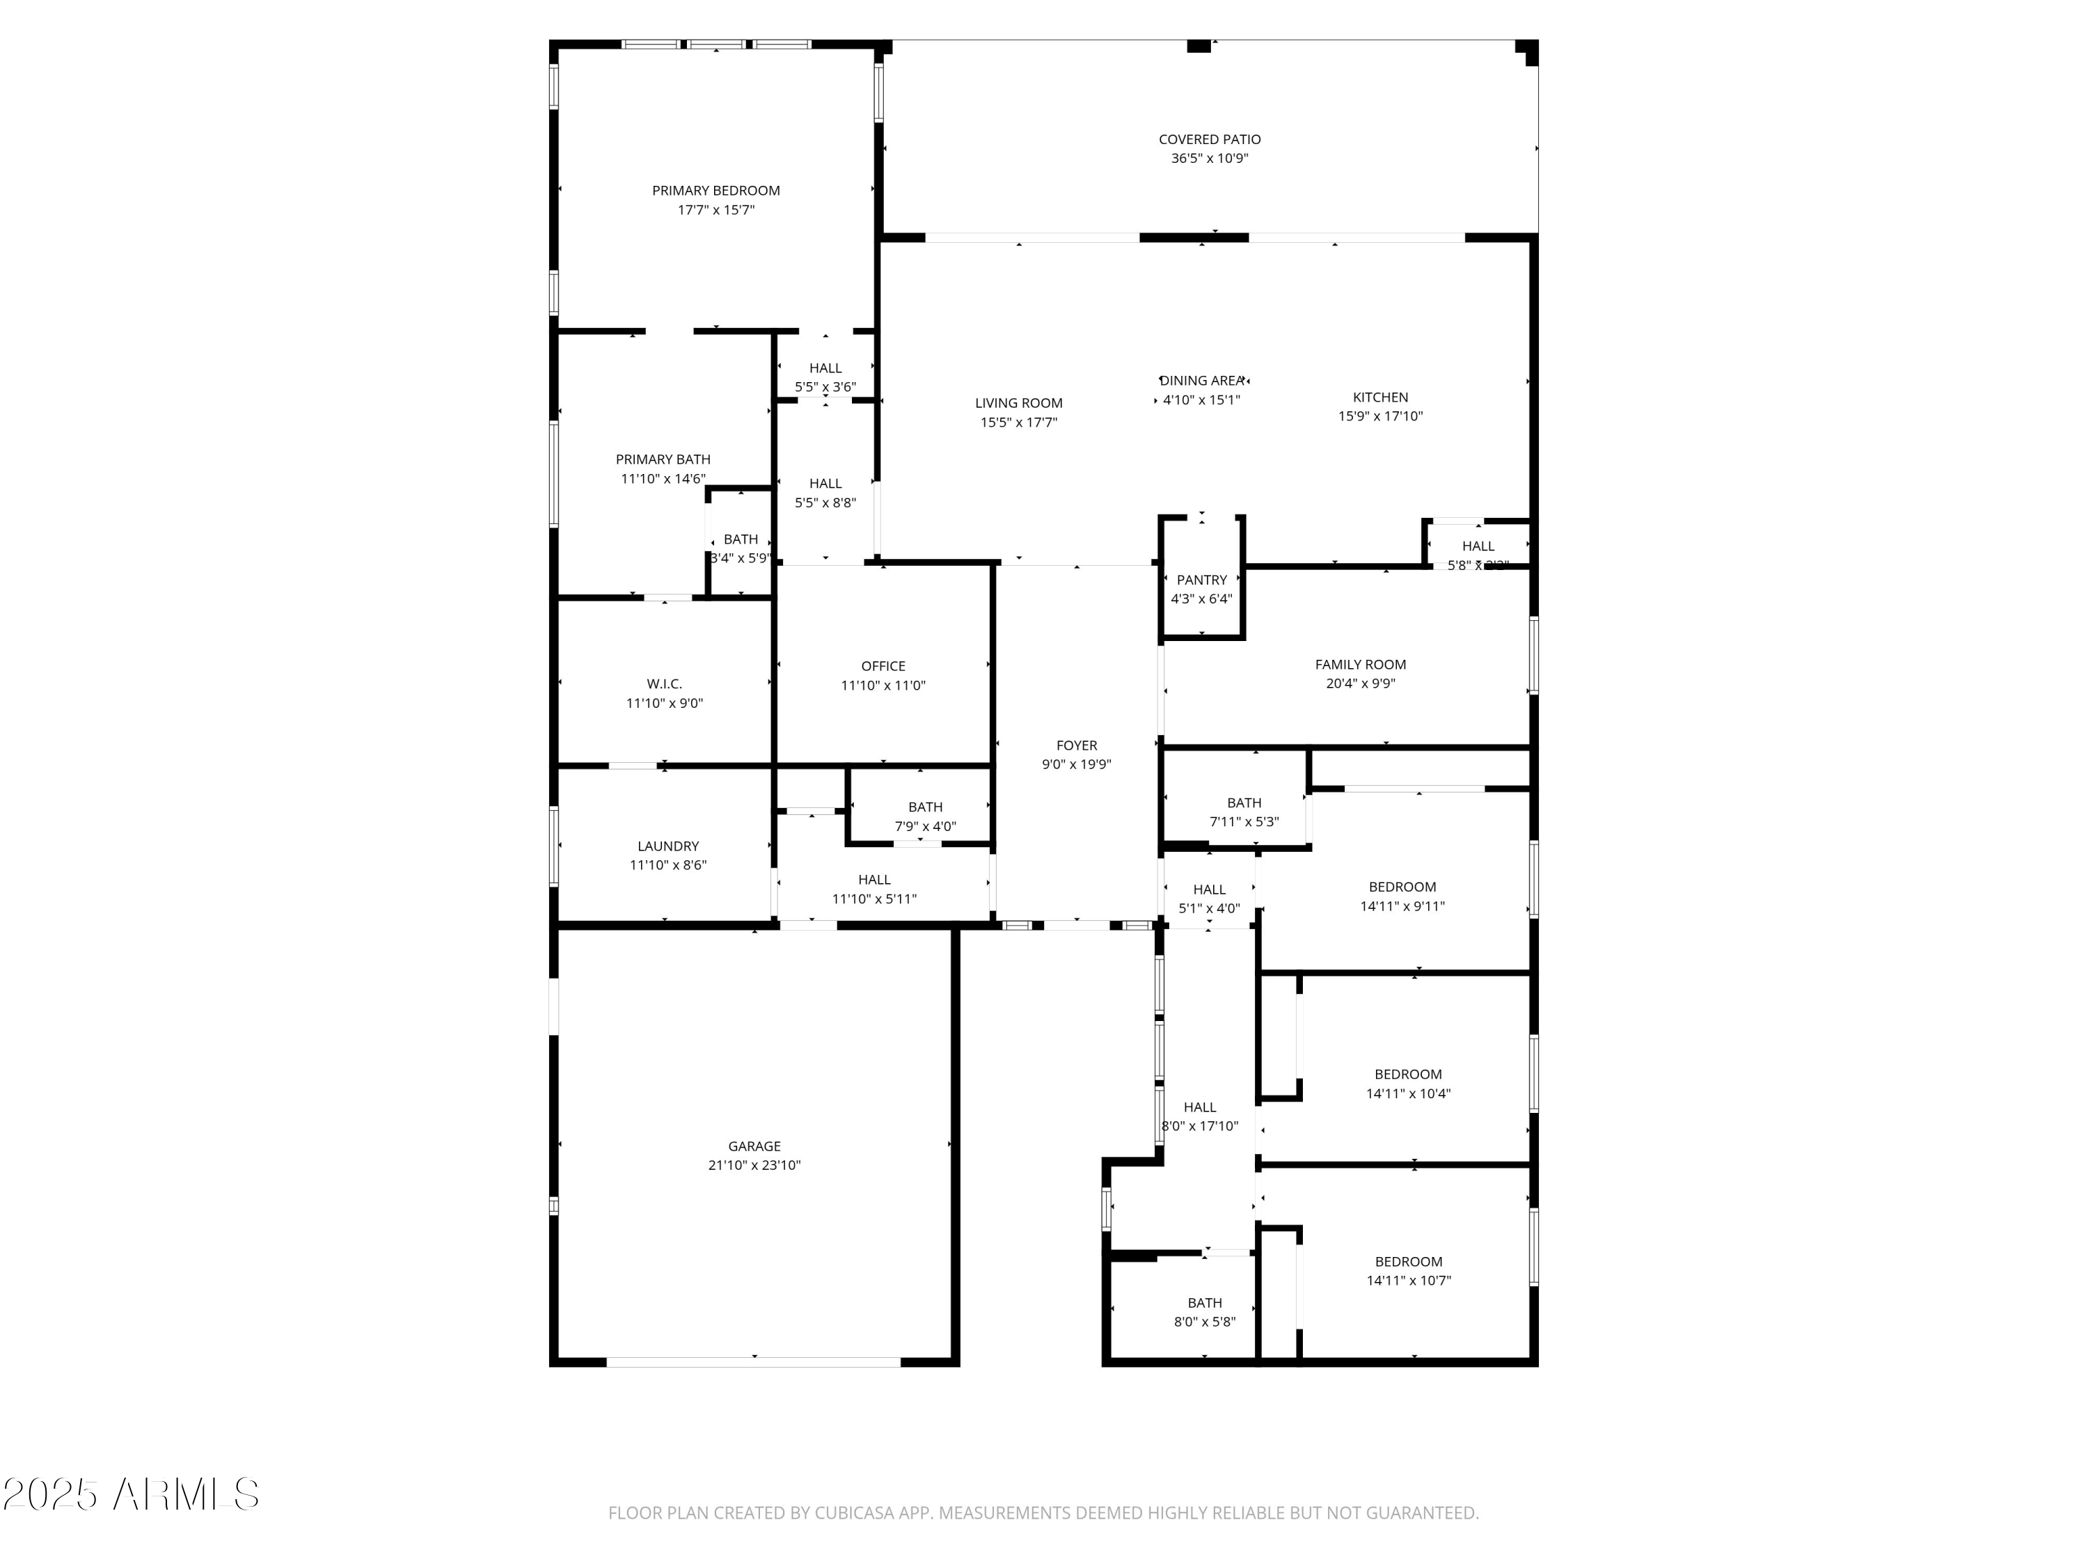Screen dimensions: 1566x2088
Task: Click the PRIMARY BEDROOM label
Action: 715,191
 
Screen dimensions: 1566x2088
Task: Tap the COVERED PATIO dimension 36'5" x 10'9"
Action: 1209,159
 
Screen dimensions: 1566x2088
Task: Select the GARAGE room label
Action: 754,1146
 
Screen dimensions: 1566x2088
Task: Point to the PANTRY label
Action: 1201,580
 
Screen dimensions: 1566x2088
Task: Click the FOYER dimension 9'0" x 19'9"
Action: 1076,765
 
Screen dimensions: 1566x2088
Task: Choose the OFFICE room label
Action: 883,667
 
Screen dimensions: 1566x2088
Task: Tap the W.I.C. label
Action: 665,683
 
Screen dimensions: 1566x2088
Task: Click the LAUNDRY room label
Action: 667,846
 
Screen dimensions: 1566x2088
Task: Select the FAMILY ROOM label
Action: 1360,665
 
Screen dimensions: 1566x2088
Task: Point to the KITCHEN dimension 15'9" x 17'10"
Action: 1380,416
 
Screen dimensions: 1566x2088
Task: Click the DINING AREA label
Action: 1201,381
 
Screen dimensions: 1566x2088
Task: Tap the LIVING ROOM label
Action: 1018,403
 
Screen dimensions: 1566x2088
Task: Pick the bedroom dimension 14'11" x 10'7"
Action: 1409,1281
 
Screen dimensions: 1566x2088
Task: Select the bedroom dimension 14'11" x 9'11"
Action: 1402,906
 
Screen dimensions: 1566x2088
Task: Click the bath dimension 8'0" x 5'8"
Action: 1205,1322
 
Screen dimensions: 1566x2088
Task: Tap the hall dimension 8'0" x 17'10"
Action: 1200,1126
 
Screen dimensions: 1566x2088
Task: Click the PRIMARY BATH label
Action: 663,459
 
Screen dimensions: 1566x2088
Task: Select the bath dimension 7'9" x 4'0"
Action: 925,827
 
